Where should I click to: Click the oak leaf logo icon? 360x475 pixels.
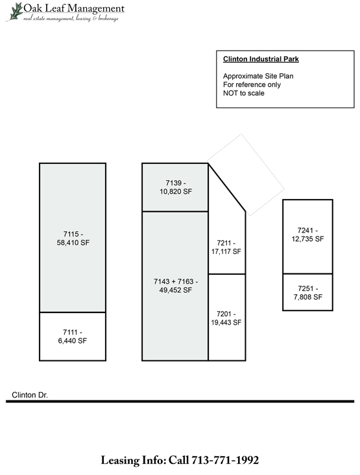tap(15, 12)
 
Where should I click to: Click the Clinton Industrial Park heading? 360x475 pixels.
tap(261, 59)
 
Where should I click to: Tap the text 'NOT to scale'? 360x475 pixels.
tap(243, 93)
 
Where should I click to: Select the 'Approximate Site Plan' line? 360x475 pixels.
tap(258, 76)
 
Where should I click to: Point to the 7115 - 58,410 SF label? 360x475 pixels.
tap(73, 238)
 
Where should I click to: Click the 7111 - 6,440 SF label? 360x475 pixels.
tap(73, 336)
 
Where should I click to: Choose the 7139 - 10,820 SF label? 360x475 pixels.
tap(176, 187)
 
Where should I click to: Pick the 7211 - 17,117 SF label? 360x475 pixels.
tap(226, 247)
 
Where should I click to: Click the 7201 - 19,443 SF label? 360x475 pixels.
tap(226, 318)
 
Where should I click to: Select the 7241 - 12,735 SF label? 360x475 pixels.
tap(307, 235)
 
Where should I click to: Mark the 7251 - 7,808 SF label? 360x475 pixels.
tap(307, 293)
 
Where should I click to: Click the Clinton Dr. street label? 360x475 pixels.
tap(30, 395)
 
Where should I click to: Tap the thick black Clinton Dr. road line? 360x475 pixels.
tap(180, 401)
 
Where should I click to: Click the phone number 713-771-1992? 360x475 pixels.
tap(224, 460)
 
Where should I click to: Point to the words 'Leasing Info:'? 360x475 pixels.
tap(133, 461)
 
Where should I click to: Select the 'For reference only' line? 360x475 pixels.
tap(252, 84)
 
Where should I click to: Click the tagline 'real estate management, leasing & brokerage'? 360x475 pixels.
tap(71, 19)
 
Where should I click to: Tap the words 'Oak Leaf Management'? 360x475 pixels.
tap(74, 8)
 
